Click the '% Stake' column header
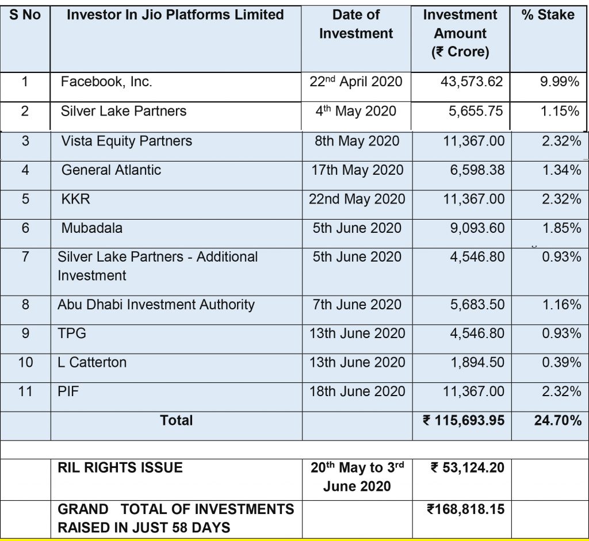click(548, 15)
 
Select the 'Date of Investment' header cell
click(356, 24)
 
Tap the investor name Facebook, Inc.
click(106, 82)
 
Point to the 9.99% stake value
click(559, 82)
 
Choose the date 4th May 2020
click(356, 110)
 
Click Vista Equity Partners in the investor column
click(127, 141)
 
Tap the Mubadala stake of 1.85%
click(561, 228)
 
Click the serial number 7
click(25, 256)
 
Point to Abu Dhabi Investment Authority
click(156, 305)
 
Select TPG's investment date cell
click(357, 333)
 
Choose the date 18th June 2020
click(357, 392)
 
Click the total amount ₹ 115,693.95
click(464, 421)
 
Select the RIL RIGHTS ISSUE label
click(120, 468)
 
